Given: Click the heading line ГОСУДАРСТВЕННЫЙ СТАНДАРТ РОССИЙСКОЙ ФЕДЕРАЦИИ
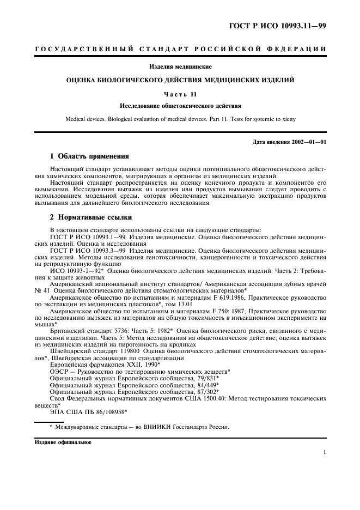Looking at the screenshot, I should [x=180, y=50].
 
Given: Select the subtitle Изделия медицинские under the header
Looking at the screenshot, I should [x=180, y=67].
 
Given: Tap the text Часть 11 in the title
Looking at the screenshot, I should [x=180, y=93].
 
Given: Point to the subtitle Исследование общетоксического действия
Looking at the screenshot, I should [x=180, y=105].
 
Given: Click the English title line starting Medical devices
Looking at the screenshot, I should [x=180, y=118].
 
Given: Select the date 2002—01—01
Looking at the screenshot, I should [x=307, y=143].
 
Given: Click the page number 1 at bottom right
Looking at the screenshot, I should [x=324, y=452].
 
